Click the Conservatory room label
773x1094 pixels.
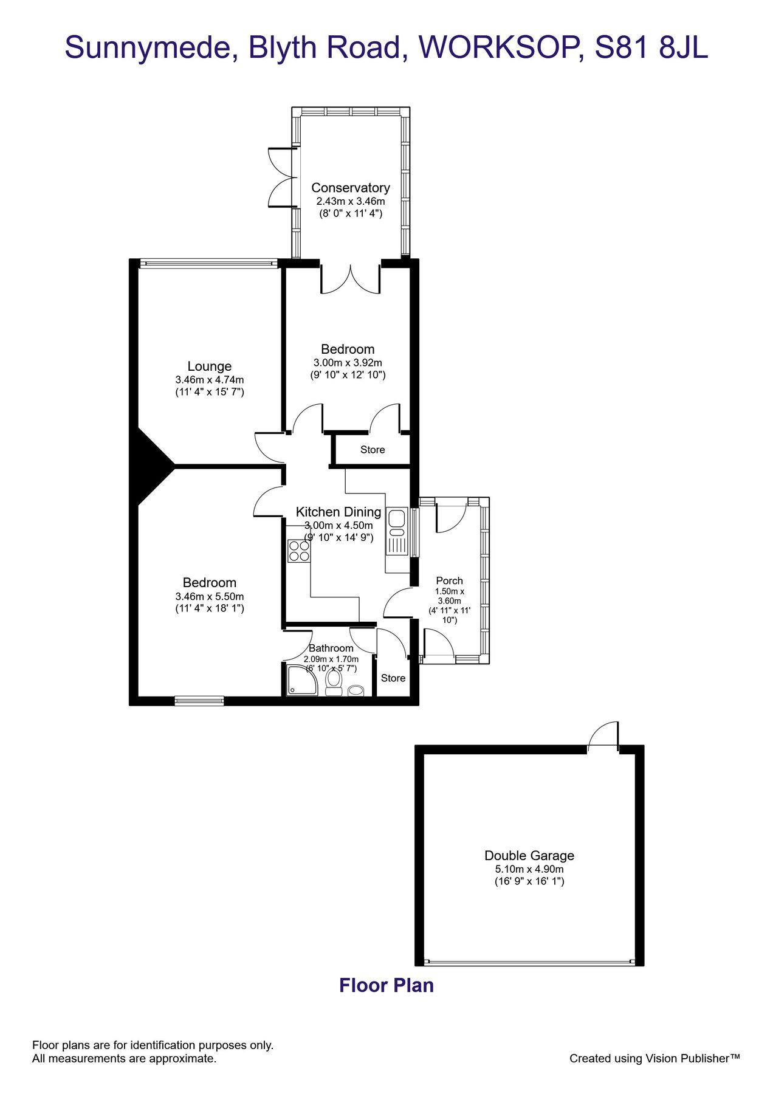point(350,188)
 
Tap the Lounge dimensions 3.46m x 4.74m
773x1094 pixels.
point(210,380)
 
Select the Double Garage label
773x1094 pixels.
point(529,855)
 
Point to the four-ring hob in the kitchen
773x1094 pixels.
point(299,551)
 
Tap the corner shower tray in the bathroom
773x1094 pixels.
point(301,681)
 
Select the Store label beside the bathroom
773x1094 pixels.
point(393,678)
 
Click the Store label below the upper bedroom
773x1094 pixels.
point(372,450)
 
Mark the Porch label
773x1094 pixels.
point(449,580)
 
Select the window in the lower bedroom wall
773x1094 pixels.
point(199,701)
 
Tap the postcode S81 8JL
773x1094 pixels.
point(651,47)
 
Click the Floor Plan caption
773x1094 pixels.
point(386,985)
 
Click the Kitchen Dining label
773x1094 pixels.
point(338,512)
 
